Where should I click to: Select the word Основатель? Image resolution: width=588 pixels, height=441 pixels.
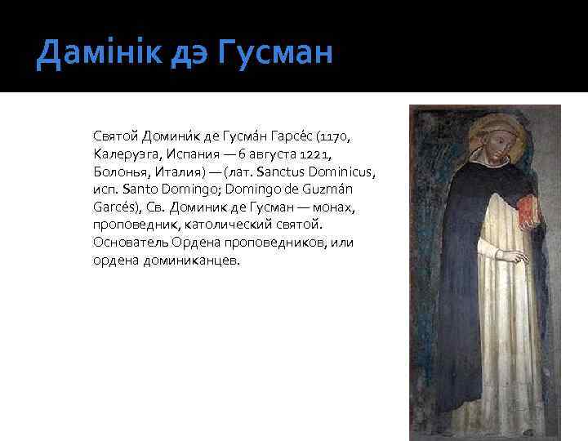127,243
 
